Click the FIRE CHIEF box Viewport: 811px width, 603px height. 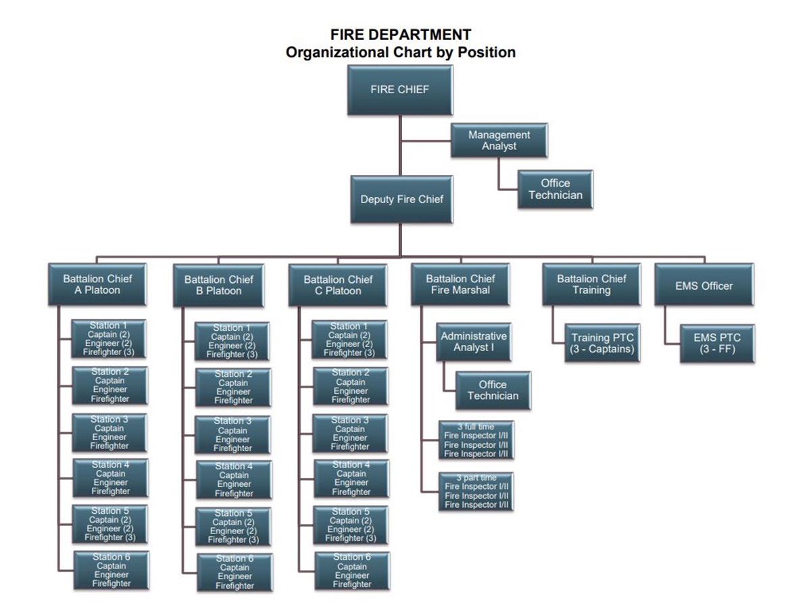pos(399,90)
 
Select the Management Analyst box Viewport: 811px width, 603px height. pos(499,140)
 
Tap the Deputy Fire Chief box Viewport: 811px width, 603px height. pos(401,200)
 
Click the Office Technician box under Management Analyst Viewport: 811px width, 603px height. pos(555,189)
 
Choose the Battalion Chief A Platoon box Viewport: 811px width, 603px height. pos(97,284)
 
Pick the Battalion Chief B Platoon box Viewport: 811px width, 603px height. pos(218,285)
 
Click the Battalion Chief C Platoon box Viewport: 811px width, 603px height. pos(337,285)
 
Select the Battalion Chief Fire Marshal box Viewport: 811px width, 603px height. pos(460,284)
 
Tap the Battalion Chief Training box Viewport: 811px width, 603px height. pos(591,284)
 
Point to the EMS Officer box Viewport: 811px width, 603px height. pos(704,286)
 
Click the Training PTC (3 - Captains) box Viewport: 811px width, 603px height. pos(603,343)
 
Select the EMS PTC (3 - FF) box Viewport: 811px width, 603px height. pos(717,343)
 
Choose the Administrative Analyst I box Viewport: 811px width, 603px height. pos(473,341)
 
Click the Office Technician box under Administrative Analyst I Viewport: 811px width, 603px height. pos(493,390)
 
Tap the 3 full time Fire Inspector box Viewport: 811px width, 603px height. pos(476,440)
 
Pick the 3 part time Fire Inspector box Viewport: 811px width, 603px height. pos(476,491)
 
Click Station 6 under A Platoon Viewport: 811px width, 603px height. pos(111,570)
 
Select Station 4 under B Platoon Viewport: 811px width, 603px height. pos(234,479)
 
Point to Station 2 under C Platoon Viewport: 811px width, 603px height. pos(350,386)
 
